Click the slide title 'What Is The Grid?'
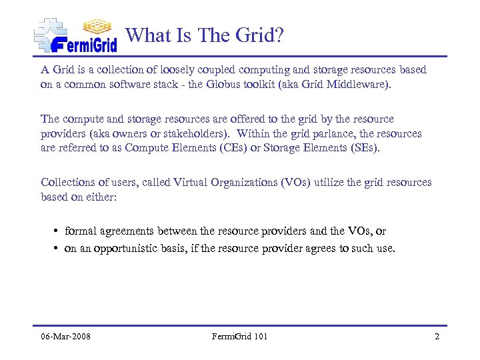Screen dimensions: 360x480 205,35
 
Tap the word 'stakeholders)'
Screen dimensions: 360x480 195,133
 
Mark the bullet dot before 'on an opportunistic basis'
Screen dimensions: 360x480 57,249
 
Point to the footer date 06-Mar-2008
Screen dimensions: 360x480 65,336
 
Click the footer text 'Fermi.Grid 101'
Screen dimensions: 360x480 240,336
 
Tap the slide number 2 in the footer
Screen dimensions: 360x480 437,336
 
